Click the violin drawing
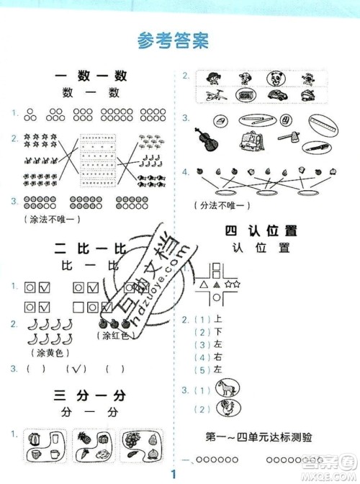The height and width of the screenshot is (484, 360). click(203, 139)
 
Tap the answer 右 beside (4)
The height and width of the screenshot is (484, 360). click(216, 357)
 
